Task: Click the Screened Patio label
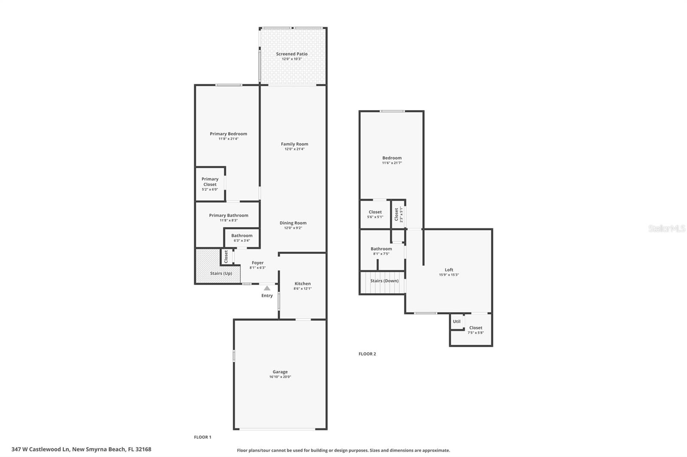point(292,54)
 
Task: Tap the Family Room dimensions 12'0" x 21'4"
point(295,149)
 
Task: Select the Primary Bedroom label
point(228,134)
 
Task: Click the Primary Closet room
point(210,184)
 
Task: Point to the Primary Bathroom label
point(229,215)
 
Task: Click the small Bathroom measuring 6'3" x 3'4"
point(242,238)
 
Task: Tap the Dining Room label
point(293,223)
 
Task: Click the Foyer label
point(258,263)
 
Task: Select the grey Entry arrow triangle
point(267,288)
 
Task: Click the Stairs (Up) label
point(221,273)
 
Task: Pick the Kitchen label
point(303,284)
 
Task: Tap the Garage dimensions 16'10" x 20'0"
point(280,377)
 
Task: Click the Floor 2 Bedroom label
point(392,158)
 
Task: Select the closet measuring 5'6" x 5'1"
point(375,214)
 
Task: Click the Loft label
point(449,270)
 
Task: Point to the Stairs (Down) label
point(384,281)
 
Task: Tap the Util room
point(457,322)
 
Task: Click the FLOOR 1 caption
point(202,437)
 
